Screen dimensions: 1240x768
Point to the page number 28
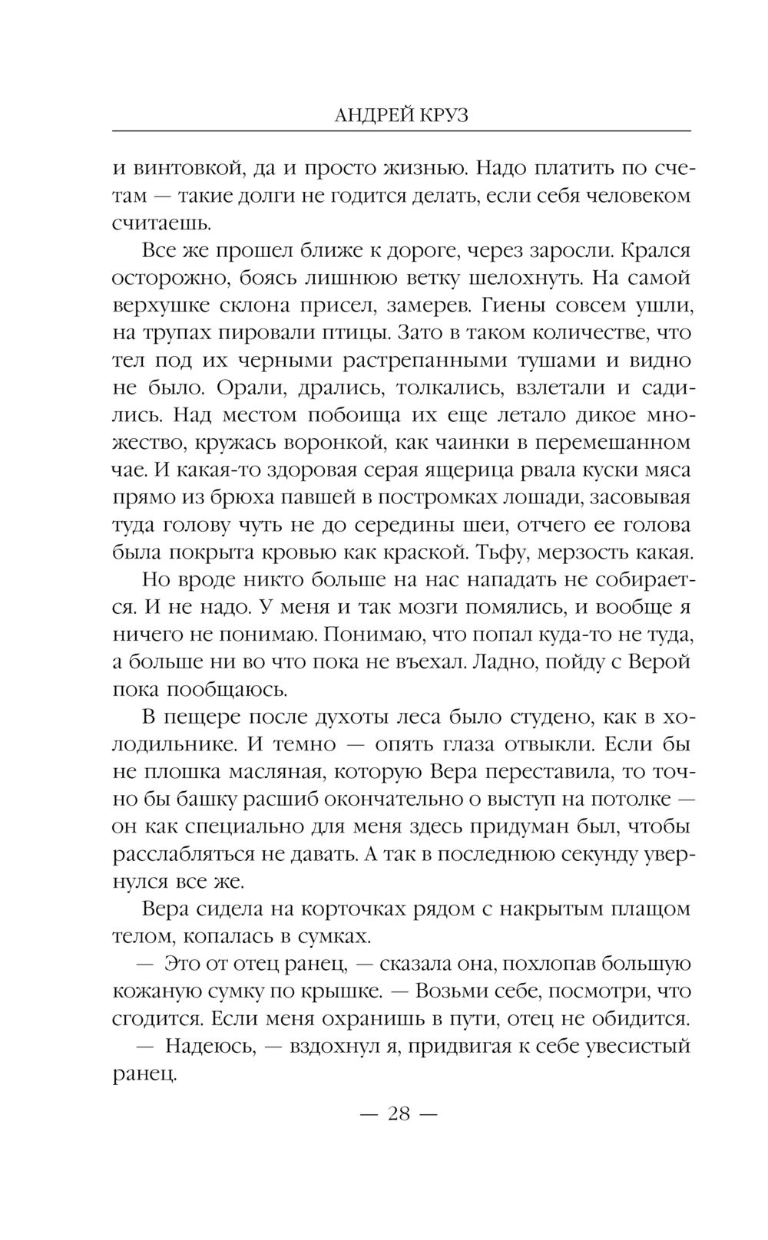coord(399,1113)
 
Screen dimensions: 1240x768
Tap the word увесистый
coord(633,1047)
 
